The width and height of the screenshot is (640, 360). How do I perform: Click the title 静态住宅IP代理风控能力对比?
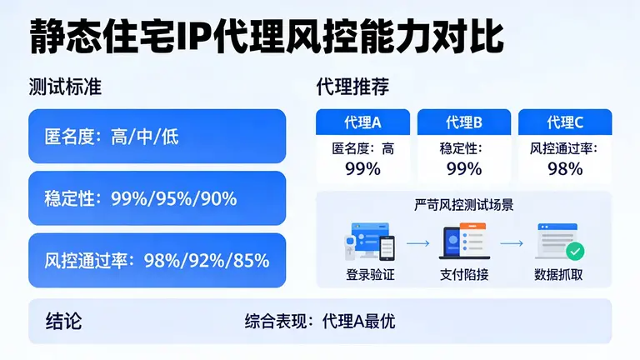(x=267, y=37)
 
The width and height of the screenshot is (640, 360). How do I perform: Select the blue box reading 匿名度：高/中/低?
(x=157, y=136)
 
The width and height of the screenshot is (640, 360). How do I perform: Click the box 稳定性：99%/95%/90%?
(x=157, y=198)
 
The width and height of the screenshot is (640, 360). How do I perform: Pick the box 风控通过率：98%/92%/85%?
(x=157, y=260)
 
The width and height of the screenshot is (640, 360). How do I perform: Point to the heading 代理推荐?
(x=352, y=87)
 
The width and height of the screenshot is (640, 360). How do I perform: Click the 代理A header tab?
(x=362, y=122)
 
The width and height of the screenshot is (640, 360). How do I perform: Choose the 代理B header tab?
(x=464, y=122)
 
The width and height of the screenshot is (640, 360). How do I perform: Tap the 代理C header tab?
(x=565, y=122)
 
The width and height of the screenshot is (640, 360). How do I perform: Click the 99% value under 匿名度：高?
(x=362, y=168)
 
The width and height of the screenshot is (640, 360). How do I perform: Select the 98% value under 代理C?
(x=565, y=168)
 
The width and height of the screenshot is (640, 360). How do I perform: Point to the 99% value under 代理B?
(x=464, y=168)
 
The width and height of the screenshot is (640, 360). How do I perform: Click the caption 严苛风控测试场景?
(x=463, y=204)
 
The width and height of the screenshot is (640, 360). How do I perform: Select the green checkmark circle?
(x=575, y=250)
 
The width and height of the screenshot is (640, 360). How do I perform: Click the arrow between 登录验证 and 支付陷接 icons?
(x=417, y=243)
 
